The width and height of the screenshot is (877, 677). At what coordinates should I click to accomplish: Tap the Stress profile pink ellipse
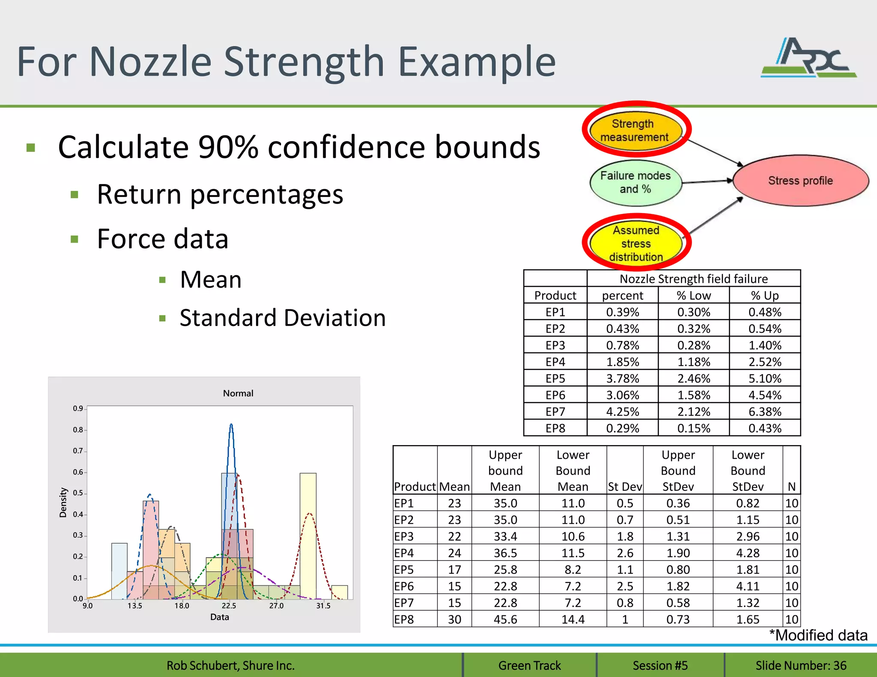tap(800, 181)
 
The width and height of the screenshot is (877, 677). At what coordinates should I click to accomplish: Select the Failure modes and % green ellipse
tap(635, 183)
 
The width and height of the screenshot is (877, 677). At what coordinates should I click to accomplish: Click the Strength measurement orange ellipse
tap(635, 131)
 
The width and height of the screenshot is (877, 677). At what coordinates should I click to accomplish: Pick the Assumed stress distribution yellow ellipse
tap(635, 243)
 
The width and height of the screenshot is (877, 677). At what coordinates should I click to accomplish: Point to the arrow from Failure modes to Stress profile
tap(707, 181)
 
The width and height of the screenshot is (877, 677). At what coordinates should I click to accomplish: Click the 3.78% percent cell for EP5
tap(622, 379)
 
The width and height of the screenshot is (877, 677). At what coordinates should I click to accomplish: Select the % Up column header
tap(765, 295)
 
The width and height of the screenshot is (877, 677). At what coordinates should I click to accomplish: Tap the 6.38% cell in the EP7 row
tap(765, 412)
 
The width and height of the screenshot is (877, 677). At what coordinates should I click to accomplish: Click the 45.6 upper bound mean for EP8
tap(505, 619)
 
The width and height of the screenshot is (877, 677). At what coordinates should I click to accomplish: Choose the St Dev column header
tap(625, 487)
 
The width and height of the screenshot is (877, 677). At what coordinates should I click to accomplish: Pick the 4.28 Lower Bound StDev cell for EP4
tap(748, 553)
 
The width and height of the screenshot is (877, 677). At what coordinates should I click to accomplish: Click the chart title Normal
tap(238, 393)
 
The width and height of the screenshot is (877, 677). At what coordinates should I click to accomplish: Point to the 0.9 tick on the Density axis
tap(78, 409)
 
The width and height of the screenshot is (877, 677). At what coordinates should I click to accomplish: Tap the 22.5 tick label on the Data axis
tap(229, 606)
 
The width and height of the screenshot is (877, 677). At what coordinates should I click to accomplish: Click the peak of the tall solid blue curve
tap(231, 425)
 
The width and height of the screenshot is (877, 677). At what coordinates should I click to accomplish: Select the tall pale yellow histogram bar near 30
tap(308, 535)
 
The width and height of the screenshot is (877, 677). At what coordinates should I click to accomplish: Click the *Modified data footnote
tap(818, 635)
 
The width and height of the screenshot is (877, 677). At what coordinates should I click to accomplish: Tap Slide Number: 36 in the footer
tap(801, 665)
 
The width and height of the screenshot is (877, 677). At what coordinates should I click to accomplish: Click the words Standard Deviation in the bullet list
tap(283, 318)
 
